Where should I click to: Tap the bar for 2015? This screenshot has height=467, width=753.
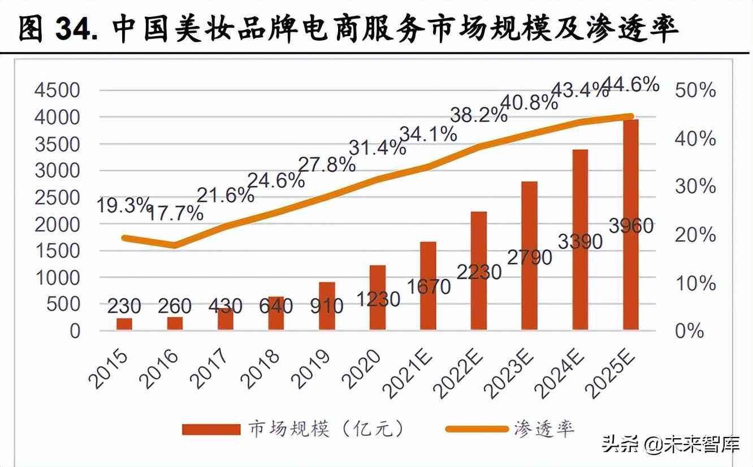pyautogui.click(x=124, y=324)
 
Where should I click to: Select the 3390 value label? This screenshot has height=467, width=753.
pyautogui.click(x=579, y=241)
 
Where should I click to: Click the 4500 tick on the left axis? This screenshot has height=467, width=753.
pyautogui.click(x=58, y=90)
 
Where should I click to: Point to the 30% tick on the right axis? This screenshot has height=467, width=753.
pyautogui.click(x=695, y=187)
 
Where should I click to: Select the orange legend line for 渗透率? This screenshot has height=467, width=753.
pyautogui.click(x=477, y=429)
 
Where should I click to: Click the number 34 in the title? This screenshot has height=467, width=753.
pyautogui.click(x=72, y=28)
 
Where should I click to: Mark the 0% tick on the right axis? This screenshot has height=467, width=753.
pyautogui.click(x=689, y=331)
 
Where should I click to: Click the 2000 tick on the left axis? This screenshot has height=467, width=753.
pyautogui.click(x=58, y=224)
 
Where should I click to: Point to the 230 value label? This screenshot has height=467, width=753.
pyautogui.click(x=124, y=306)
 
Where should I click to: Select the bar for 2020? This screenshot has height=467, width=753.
pyautogui.click(x=377, y=297)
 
